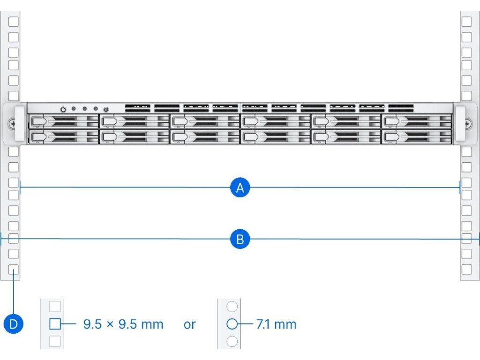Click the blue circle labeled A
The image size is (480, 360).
click(x=240, y=188)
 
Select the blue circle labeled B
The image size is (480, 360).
click(x=240, y=240)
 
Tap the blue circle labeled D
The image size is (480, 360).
click(x=13, y=324)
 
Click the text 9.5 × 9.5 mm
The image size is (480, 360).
click(x=123, y=324)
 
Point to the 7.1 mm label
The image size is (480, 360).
click(x=276, y=324)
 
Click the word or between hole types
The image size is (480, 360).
click(x=189, y=324)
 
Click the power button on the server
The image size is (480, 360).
click(x=63, y=109)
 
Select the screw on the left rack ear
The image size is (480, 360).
click(x=11, y=124)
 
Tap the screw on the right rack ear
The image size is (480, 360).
click(x=468, y=124)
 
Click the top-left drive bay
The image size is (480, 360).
click(x=63, y=121)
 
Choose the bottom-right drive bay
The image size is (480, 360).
click(x=417, y=137)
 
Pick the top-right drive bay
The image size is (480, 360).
click(x=417, y=121)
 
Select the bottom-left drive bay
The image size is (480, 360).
click(x=63, y=137)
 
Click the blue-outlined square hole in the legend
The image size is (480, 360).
click(x=55, y=324)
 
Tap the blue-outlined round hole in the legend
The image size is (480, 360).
click(x=232, y=324)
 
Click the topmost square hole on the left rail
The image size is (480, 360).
click(x=14, y=22)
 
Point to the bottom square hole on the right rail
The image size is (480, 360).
click(x=466, y=269)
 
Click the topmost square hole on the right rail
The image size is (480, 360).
click(x=466, y=22)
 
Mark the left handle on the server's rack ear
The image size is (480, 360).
click(x=19, y=124)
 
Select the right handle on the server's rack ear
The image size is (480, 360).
click(x=460, y=124)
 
